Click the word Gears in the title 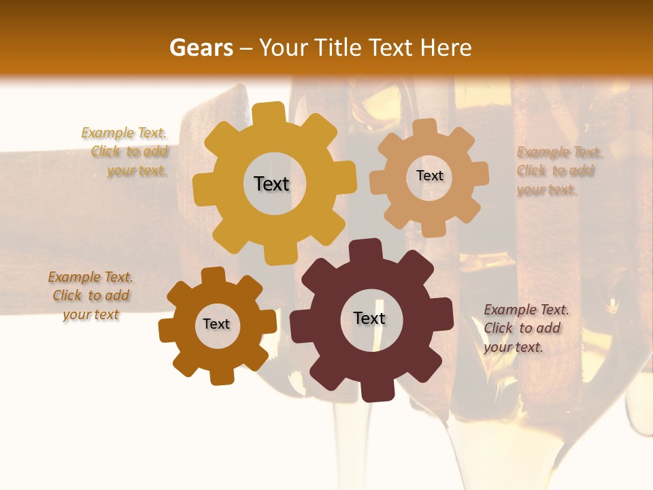point(201,48)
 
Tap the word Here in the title point(446,48)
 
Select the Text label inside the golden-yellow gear point(272,184)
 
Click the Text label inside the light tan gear point(429,176)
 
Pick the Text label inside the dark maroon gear point(369,318)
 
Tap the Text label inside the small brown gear point(216,324)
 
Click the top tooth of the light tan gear point(426,127)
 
